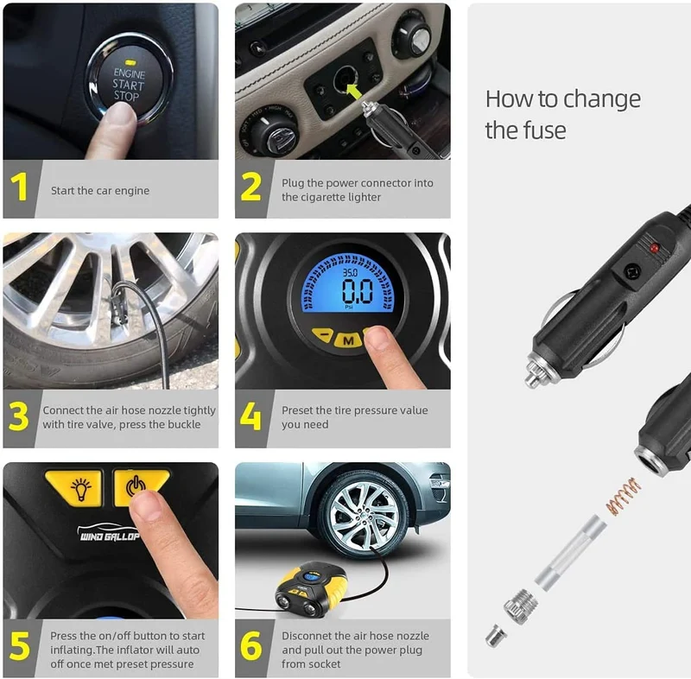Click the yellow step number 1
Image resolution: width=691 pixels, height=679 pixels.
click(19, 187)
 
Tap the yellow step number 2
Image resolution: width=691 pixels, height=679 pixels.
click(250, 187)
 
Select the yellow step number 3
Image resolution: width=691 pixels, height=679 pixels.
click(18, 416)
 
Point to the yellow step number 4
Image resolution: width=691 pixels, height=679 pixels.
click(250, 416)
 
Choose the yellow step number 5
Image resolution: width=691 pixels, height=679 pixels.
click(19, 646)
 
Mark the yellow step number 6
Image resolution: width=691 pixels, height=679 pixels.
click(251, 646)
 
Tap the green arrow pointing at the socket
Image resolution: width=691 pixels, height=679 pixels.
click(355, 92)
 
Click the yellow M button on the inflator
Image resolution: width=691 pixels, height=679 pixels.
click(348, 340)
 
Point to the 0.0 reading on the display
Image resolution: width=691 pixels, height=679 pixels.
click(358, 291)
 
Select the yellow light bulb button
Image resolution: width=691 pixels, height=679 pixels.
click(75, 487)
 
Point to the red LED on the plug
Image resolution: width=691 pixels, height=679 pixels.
click(655, 249)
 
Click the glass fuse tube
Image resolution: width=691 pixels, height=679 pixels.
click(571, 553)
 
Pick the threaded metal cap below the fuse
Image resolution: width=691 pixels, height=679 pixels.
click(521, 606)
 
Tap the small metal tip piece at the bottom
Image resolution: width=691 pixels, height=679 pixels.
click(496, 636)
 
